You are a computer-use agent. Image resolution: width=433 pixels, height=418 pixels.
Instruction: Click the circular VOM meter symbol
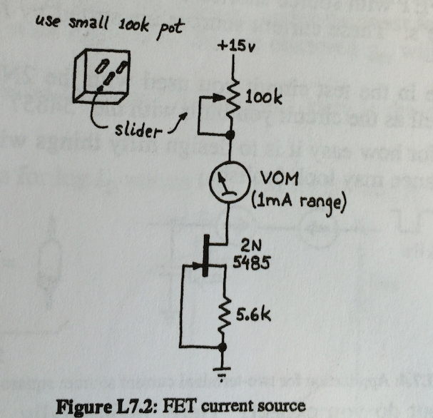226,185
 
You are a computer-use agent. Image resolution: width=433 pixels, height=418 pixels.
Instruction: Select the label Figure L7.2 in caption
110,406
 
